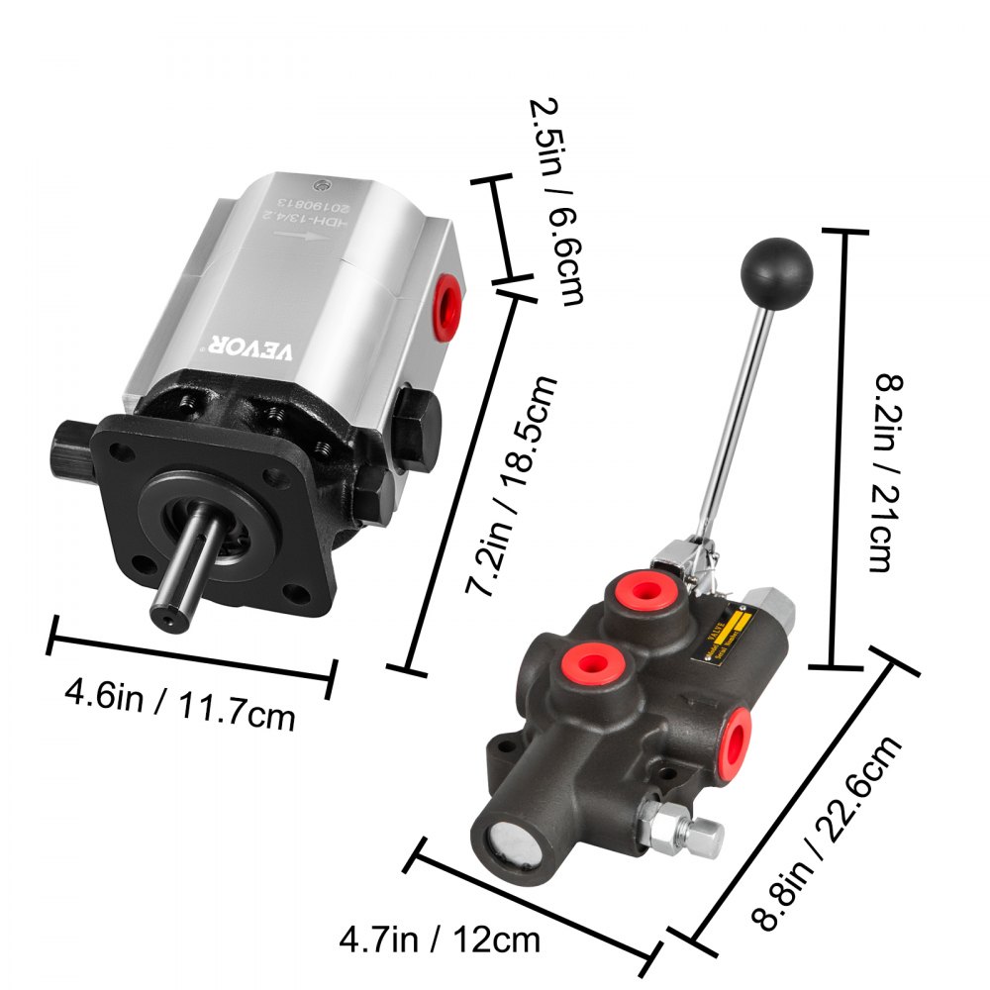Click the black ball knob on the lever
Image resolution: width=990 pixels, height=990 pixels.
(776, 265)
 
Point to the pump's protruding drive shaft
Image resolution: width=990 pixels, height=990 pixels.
(183, 569)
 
